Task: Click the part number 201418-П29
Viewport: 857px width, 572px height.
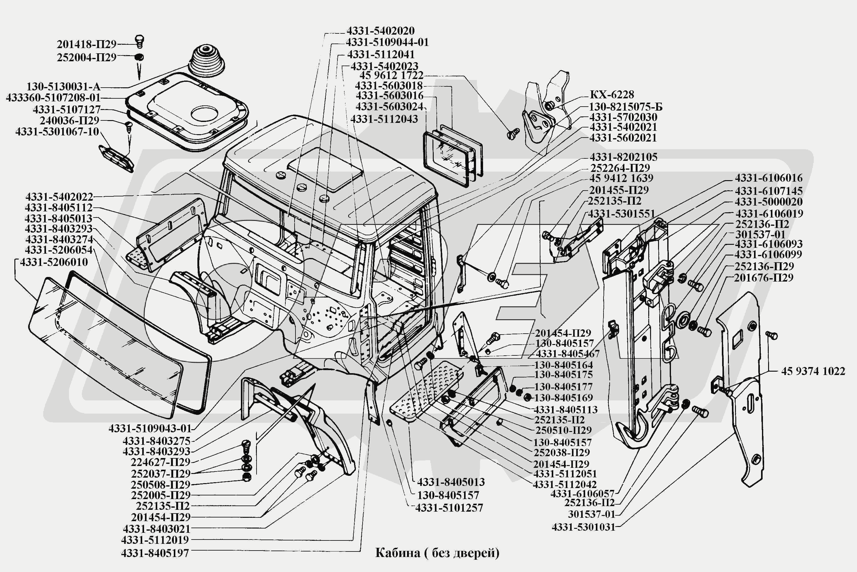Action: point(86,44)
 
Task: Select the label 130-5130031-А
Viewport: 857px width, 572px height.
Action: point(63,87)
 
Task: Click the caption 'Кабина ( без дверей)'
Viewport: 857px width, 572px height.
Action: point(437,553)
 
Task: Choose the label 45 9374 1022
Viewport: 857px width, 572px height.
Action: point(813,371)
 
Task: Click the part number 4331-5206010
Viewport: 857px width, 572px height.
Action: point(54,262)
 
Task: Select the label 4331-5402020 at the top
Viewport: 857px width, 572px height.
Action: point(380,31)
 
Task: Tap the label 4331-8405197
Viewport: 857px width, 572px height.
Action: point(155,553)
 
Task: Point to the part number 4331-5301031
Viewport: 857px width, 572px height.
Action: point(583,527)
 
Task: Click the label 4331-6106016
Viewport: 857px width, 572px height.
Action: point(768,178)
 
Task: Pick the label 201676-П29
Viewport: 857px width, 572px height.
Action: point(764,278)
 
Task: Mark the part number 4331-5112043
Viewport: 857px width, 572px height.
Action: point(384,119)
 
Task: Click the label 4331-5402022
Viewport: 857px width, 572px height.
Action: point(59,197)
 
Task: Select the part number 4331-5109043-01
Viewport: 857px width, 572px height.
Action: point(150,428)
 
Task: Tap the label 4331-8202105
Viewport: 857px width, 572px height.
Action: point(623,157)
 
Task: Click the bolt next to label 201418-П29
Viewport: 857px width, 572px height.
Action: point(139,41)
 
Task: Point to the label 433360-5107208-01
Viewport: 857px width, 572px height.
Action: point(53,98)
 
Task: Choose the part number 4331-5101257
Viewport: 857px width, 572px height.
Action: point(449,508)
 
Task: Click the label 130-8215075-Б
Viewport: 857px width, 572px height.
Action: point(626,107)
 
